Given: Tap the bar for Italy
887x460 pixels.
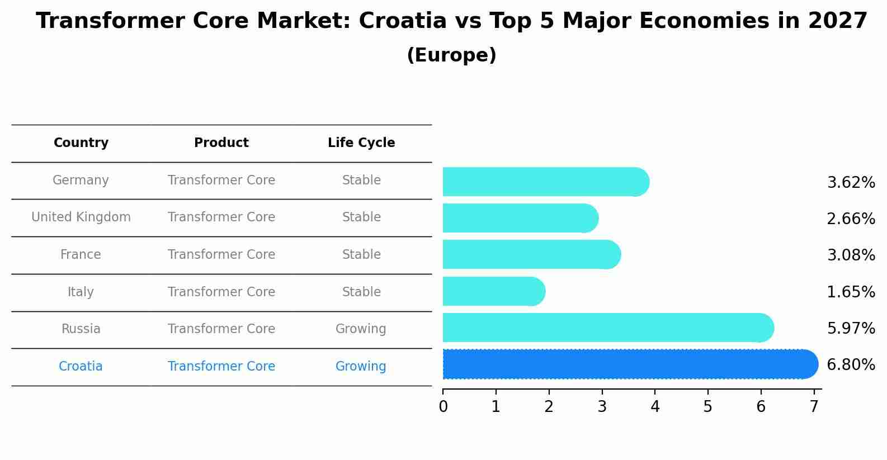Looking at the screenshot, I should [x=492, y=291].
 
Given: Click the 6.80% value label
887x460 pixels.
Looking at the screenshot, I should [x=850, y=365].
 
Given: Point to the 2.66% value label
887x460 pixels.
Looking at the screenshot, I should [x=850, y=219].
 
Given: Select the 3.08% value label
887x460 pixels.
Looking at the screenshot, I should [x=850, y=255].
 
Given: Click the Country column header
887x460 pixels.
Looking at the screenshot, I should [x=81, y=143].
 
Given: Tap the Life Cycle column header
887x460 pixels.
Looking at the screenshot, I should [x=361, y=143].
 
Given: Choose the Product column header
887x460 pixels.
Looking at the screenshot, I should [x=221, y=143].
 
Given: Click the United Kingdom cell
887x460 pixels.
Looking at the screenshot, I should [x=81, y=217].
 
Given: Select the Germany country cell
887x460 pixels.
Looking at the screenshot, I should [x=81, y=181].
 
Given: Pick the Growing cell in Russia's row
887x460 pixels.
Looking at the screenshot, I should [x=361, y=329].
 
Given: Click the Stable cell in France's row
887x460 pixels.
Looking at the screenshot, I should [x=361, y=255].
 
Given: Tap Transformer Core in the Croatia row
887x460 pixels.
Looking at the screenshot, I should [x=221, y=367].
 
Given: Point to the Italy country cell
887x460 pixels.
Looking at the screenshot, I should [x=81, y=292].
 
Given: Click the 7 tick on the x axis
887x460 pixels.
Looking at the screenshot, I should [x=814, y=407].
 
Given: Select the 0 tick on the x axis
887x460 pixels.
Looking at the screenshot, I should [x=443, y=407].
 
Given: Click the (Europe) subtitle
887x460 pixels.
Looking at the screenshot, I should [x=451, y=55].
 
